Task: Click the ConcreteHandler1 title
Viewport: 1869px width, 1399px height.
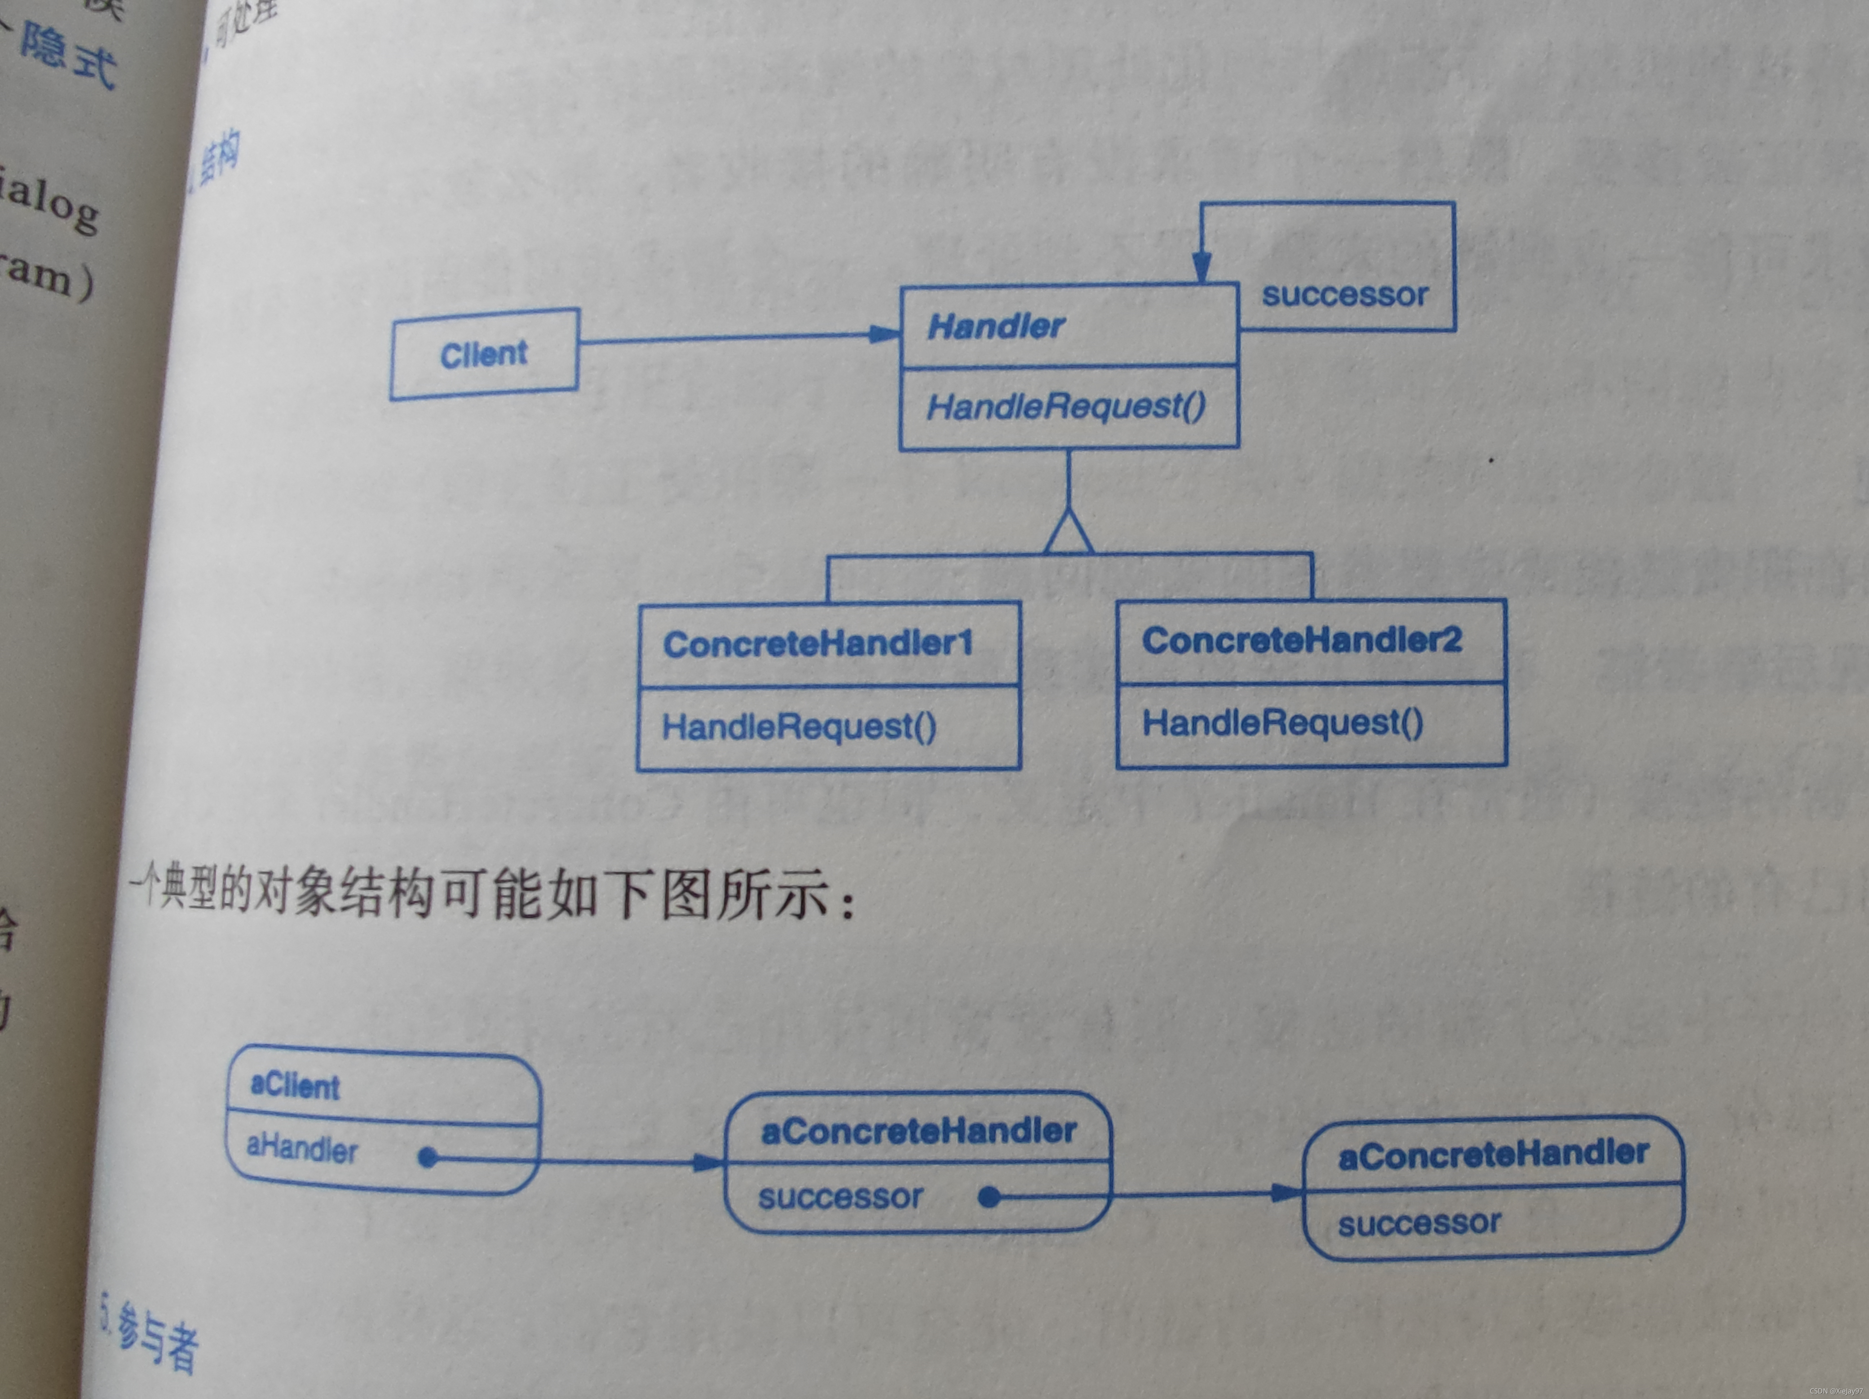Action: pyautogui.click(x=818, y=644)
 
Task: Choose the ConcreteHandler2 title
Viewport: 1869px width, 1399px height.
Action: pyautogui.click(x=1301, y=640)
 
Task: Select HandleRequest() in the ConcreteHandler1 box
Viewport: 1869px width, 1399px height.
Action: pyautogui.click(x=799, y=727)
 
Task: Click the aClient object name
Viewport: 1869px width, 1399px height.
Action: pyautogui.click(x=295, y=1086)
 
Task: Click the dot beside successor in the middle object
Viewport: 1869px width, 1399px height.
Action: pyautogui.click(x=989, y=1197)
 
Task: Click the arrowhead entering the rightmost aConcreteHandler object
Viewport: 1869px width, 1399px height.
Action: pyautogui.click(x=1289, y=1193)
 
